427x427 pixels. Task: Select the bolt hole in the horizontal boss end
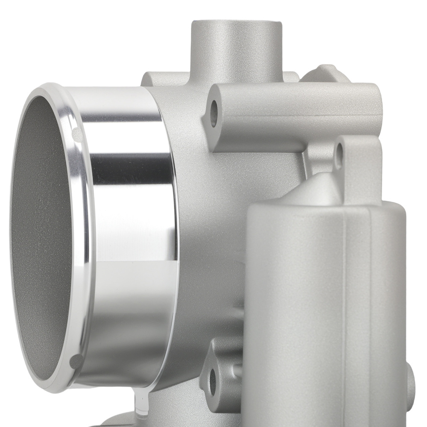(x=214, y=112)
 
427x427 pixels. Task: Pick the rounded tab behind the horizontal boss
(x=327, y=73)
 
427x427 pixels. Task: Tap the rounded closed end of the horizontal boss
(x=376, y=102)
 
